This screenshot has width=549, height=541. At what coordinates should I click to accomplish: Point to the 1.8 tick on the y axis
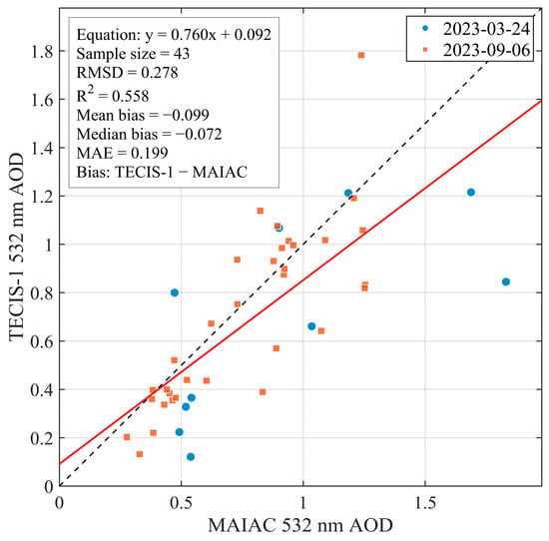(x=41, y=52)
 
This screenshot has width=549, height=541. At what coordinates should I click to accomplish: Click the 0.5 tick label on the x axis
(x=181, y=502)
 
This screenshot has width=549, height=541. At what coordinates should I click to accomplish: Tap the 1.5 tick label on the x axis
(x=425, y=502)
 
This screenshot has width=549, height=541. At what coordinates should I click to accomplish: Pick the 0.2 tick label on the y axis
(x=41, y=438)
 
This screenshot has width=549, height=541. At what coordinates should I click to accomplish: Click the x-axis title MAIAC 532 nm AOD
(x=300, y=526)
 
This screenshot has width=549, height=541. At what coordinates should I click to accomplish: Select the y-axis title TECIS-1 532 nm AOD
(x=16, y=247)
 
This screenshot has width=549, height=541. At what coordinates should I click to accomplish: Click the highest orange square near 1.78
(x=361, y=55)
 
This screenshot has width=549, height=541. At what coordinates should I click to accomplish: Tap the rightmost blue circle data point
(x=506, y=281)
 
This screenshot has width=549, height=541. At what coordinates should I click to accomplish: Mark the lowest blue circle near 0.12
(x=191, y=456)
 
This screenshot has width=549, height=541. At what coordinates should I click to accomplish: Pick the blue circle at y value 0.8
(x=175, y=292)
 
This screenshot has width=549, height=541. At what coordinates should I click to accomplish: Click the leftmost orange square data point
(x=127, y=437)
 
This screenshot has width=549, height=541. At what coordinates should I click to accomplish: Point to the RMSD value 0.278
(x=160, y=73)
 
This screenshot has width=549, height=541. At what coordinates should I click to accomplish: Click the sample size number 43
(x=182, y=54)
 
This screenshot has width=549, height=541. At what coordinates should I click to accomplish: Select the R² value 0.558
(x=130, y=96)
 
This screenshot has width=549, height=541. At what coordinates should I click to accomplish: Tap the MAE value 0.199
(x=149, y=153)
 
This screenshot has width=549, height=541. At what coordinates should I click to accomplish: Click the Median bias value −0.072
(x=199, y=134)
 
